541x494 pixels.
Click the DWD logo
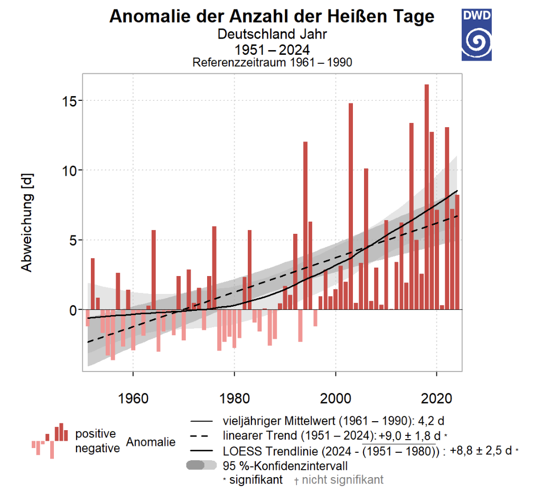pos(477,34)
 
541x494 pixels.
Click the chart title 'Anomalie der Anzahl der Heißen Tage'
pos(272,17)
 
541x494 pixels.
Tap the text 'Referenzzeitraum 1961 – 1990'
pos(272,62)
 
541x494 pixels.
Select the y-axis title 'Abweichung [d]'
pos(27,222)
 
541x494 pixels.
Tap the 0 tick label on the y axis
pos(72,310)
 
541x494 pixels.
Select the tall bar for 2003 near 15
pos(351,206)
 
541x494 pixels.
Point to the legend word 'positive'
pos(95,434)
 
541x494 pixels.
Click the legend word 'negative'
pos(97,449)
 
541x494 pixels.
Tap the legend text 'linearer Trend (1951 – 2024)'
pos(295,436)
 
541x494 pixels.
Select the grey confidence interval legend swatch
pos(201,465)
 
